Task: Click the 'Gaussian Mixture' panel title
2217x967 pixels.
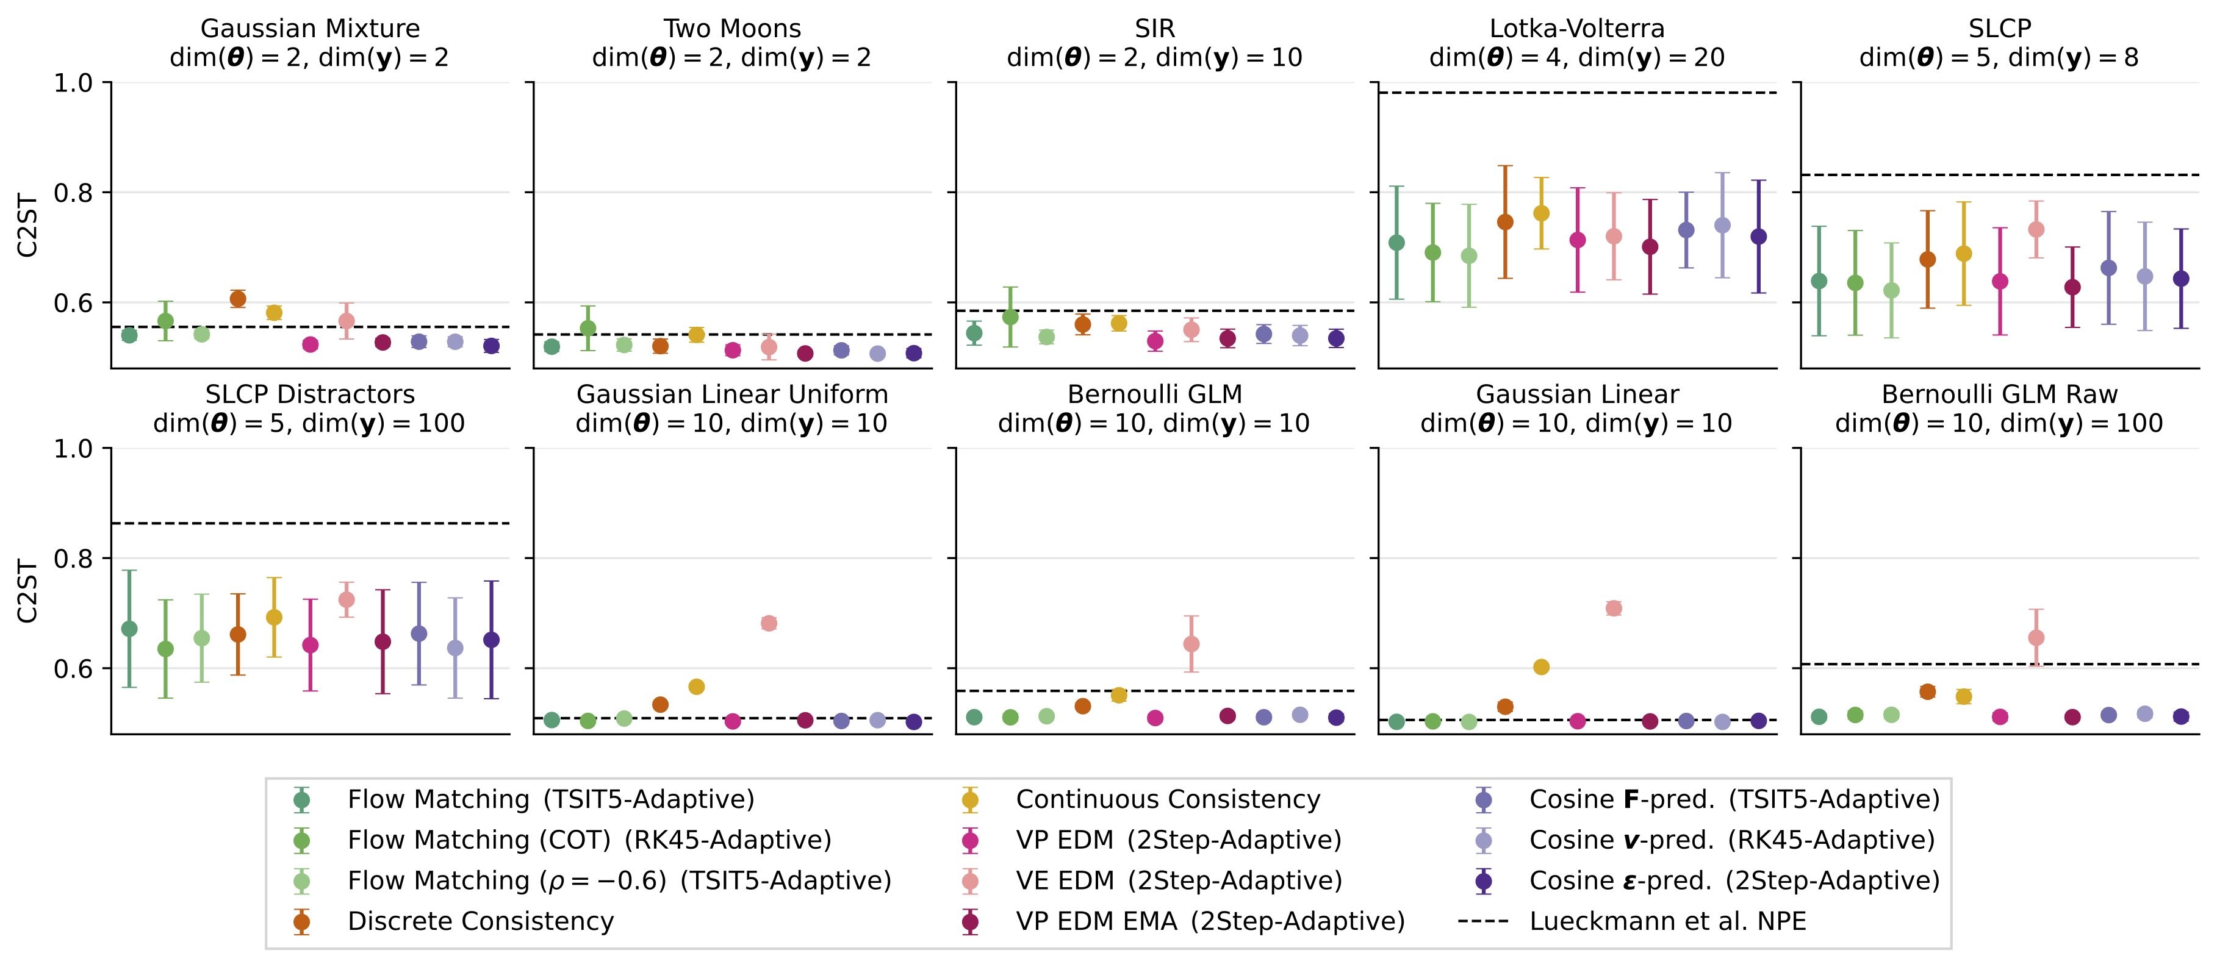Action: [x=310, y=29]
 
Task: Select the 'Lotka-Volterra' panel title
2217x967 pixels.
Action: [x=1576, y=29]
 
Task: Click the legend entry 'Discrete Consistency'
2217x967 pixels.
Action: [x=480, y=921]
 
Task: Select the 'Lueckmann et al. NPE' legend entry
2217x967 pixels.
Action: [x=1667, y=921]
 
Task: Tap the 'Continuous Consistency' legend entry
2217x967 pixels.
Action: [x=1167, y=799]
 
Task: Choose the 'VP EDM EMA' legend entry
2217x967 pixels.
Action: [x=1096, y=921]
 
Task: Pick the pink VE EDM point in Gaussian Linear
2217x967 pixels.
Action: [x=1614, y=608]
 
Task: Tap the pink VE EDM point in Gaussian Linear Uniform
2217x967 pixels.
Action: [x=769, y=623]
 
